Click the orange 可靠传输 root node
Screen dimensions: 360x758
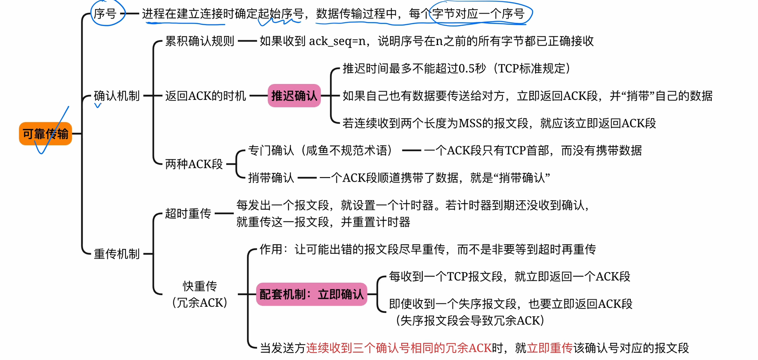tap(45, 134)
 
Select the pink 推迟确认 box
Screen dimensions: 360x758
tap(294, 96)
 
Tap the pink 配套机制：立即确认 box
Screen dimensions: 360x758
tap(311, 294)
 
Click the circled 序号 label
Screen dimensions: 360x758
tap(105, 14)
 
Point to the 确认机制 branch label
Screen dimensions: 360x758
tap(117, 96)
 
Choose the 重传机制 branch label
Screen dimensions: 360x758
tap(117, 254)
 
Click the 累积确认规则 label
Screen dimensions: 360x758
tap(200, 41)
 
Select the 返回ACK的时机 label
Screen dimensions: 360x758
tap(206, 96)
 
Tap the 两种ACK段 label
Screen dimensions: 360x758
tap(194, 164)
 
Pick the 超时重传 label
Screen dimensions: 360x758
tap(188, 213)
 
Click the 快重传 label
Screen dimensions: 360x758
tap(200, 286)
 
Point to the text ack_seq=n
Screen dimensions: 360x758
tap(337, 41)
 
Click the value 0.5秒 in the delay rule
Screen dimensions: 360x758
tap(472, 69)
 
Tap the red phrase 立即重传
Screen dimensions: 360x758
tap(550, 348)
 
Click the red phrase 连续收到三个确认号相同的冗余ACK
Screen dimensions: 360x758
tap(398, 348)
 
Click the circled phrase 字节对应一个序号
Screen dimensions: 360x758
tap(478, 14)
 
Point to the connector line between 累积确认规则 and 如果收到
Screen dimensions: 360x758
tap(247, 41)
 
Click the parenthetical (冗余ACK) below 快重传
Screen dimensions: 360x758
tap(200, 303)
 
